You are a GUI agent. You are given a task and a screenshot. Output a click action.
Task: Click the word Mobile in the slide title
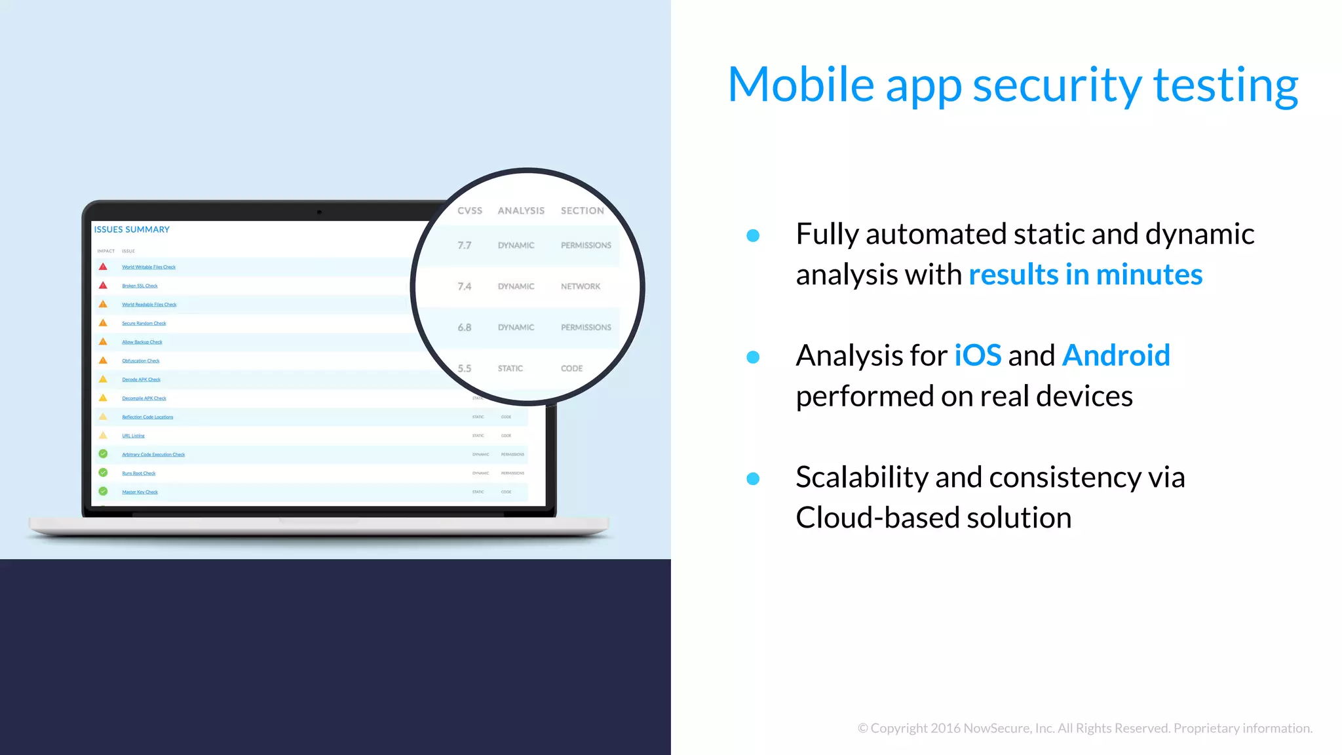pyautogui.click(x=801, y=85)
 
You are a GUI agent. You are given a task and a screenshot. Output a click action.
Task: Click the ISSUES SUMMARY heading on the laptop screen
pyautogui.click(x=132, y=229)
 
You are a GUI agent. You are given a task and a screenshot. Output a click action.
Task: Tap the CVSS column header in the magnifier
pyautogui.click(x=469, y=210)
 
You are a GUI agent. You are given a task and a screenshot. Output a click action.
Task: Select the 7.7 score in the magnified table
pyautogui.click(x=464, y=245)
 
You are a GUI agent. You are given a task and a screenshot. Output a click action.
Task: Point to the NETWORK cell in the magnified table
pyautogui.click(x=580, y=286)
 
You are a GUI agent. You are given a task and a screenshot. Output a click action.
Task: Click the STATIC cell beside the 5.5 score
pyautogui.click(x=510, y=368)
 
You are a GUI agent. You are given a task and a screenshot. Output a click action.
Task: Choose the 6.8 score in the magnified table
pyautogui.click(x=464, y=327)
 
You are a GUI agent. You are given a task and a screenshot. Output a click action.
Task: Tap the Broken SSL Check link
pyautogui.click(x=140, y=286)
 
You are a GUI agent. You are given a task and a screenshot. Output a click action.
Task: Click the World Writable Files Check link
pyautogui.click(x=149, y=267)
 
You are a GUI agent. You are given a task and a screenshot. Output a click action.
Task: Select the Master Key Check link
pyautogui.click(x=140, y=492)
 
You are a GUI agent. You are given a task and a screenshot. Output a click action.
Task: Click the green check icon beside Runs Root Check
pyautogui.click(x=103, y=473)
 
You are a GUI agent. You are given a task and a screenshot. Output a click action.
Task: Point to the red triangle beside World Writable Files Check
pyautogui.click(x=103, y=267)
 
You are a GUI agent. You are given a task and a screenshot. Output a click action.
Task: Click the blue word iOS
pyautogui.click(x=977, y=356)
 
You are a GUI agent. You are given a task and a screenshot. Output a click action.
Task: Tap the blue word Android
pyautogui.click(x=1115, y=356)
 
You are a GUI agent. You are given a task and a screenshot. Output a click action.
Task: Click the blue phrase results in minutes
pyautogui.click(x=1085, y=275)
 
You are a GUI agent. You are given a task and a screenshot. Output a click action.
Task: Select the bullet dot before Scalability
pyautogui.click(x=753, y=478)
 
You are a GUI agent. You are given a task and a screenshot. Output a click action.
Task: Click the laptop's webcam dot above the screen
pyautogui.click(x=319, y=212)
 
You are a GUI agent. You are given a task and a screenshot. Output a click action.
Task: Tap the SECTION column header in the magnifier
pyautogui.click(x=582, y=210)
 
